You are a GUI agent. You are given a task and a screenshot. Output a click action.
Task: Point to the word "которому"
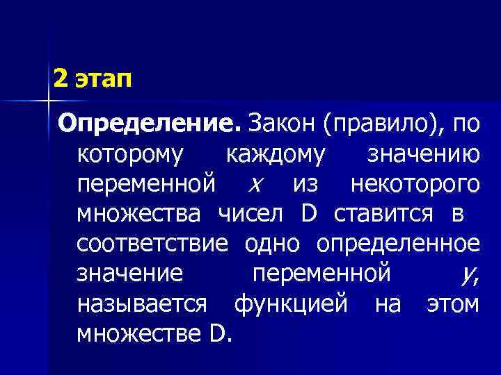(x=130, y=156)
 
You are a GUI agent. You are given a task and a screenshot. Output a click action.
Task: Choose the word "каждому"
(x=275, y=156)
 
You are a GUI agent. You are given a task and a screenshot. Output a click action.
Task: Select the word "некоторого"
(x=415, y=185)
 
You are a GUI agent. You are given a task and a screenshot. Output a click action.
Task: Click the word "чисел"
(x=250, y=215)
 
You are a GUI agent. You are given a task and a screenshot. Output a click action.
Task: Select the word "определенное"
(x=398, y=244)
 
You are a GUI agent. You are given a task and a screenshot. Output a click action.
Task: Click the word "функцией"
(x=290, y=304)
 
